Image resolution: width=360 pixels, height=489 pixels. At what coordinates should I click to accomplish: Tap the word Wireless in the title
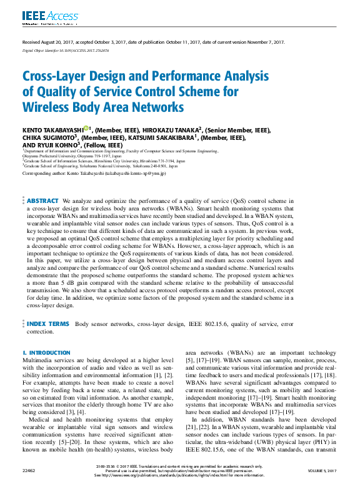(x=48, y=107)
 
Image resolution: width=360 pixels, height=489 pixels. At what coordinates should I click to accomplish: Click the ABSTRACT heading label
(x=43, y=201)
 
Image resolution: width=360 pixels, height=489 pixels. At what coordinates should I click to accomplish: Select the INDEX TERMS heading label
(x=48, y=324)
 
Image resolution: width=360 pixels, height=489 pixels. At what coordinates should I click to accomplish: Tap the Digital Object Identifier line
(x=66, y=50)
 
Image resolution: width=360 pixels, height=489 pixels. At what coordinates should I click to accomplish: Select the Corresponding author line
(x=94, y=173)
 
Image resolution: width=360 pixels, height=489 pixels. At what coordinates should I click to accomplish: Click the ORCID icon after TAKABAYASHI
(x=86, y=128)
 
